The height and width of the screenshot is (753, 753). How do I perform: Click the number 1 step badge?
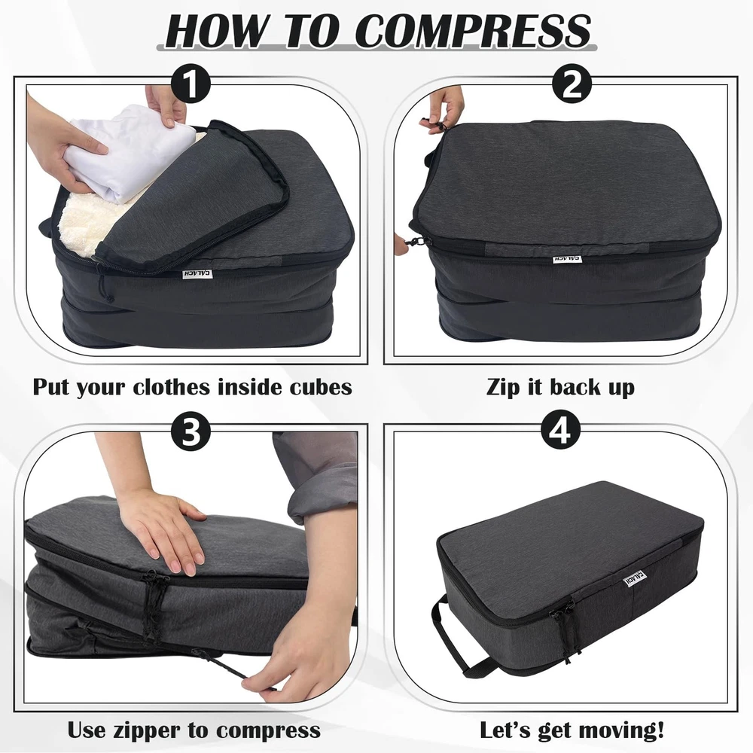pyautogui.click(x=191, y=84)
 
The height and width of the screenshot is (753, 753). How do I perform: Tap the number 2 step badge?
pyautogui.click(x=572, y=84)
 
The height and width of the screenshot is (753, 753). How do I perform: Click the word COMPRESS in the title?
pyautogui.click(x=473, y=30)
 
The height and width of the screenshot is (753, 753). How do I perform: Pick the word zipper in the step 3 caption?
pyautogui.click(x=146, y=731)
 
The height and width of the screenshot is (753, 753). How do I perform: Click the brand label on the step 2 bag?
pyautogui.click(x=567, y=259)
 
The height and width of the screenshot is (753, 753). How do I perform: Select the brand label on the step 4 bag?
pyautogui.click(x=635, y=578)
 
